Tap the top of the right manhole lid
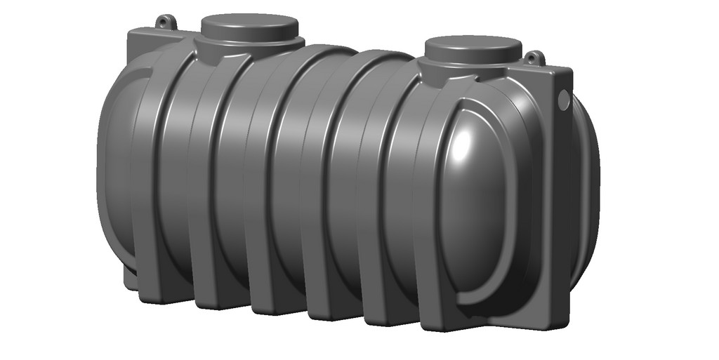click(473, 45)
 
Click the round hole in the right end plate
click(563, 100)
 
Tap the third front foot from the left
click(270, 307)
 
